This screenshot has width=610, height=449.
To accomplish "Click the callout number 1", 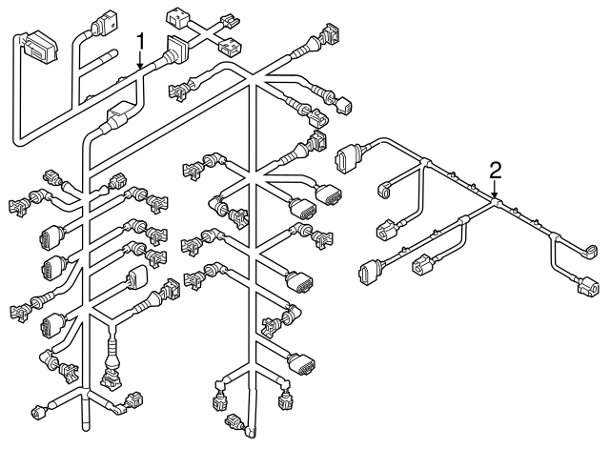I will pyautogui.click(x=141, y=41).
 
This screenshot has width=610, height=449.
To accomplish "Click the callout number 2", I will pyautogui.click(x=495, y=171).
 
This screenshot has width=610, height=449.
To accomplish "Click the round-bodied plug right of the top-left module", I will pyautogui.click(x=101, y=26).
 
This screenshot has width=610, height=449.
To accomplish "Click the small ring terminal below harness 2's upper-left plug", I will pyautogui.click(x=383, y=192).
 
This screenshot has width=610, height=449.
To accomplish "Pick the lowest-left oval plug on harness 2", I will pyautogui.click(x=366, y=273).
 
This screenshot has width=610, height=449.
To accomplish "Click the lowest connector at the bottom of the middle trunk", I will pyautogui.click(x=231, y=420).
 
